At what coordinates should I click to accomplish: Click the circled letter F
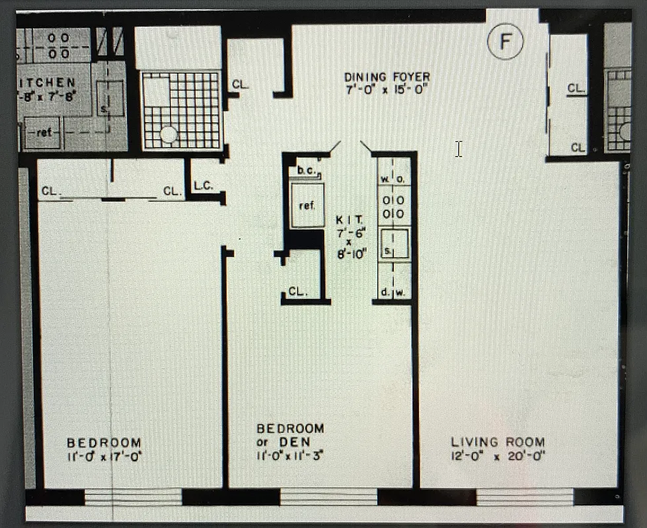click(x=506, y=42)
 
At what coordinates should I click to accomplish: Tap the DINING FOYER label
click(x=387, y=77)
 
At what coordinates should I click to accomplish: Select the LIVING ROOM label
click(x=498, y=442)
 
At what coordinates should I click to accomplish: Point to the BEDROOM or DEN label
click(x=290, y=434)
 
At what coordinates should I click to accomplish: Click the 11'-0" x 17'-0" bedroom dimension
click(x=104, y=455)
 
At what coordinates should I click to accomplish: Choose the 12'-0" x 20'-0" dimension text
click(x=498, y=455)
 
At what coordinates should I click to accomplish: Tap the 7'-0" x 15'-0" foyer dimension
click(x=387, y=90)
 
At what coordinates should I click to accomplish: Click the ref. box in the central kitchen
click(x=307, y=205)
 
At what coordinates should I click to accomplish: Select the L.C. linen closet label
click(x=203, y=187)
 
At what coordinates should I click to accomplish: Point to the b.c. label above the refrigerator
click(x=307, y=171)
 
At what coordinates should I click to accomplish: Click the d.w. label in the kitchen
click(x=393, y=292)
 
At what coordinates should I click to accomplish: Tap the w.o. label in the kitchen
click(x=394, y=179)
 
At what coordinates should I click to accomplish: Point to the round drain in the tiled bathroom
click(x=169, y=135)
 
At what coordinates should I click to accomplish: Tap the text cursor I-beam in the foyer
click(x=458, y=148)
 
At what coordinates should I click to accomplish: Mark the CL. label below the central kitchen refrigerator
click(x=297, y=292)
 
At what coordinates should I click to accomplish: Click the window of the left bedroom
click(x=133, y=497)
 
